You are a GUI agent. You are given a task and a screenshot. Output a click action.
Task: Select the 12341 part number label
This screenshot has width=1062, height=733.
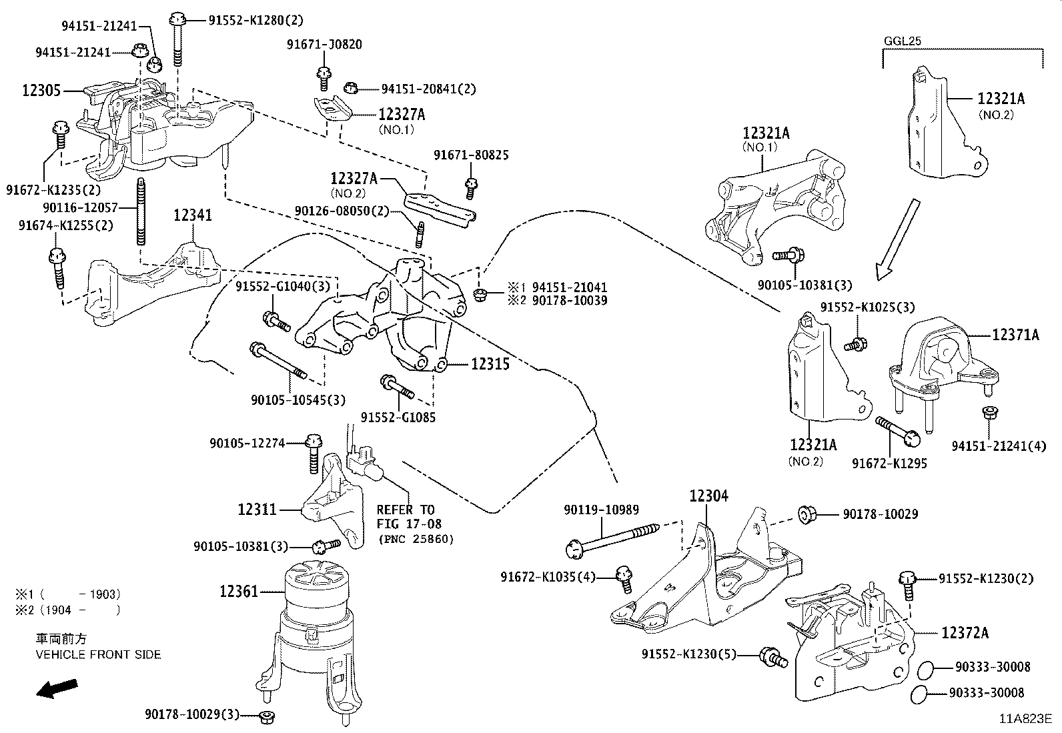point(193,215)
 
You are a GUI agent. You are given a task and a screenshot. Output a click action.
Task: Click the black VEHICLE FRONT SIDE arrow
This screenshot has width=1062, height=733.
point(57,688)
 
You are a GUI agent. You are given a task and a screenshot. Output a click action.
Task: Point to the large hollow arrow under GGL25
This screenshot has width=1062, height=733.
point(897,237)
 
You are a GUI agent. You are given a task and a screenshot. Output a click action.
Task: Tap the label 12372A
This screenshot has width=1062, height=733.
point(965,632)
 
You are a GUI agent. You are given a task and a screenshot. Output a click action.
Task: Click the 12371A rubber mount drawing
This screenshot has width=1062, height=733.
point(941,363)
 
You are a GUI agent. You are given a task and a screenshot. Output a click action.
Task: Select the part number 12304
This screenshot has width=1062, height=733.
point(708,496)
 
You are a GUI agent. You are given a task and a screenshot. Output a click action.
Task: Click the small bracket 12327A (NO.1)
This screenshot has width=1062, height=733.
point(332,108)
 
